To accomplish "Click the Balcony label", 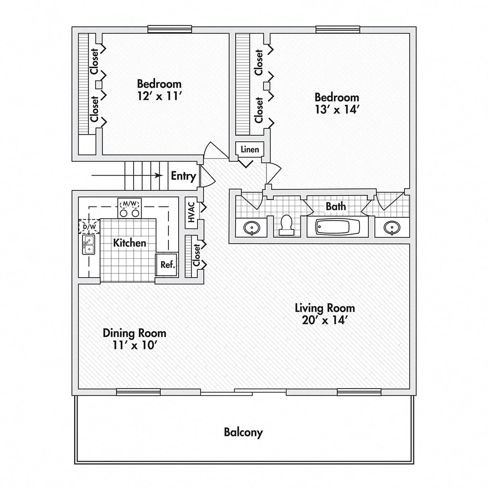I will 243,432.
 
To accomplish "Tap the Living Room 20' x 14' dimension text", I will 325,320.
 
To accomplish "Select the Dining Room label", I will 134,333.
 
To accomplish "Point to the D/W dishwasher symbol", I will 89,226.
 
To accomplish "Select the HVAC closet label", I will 191,213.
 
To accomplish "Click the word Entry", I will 183,176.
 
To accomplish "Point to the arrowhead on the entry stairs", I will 159,176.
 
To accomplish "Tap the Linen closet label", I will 250,149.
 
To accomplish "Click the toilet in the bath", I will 286,224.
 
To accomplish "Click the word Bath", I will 336,206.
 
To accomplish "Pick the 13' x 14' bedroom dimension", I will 337,110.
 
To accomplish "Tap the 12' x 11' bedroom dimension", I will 159,96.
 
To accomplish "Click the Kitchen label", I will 130,243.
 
